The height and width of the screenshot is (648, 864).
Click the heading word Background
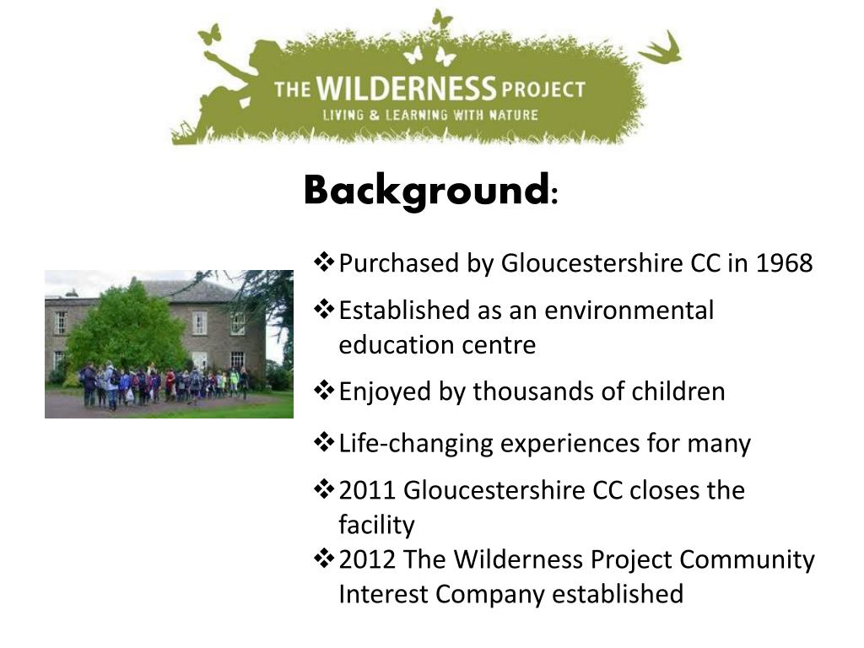point(426,191)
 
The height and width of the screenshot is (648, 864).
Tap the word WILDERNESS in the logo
point(407,89)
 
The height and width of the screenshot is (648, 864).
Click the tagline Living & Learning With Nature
point(429,115)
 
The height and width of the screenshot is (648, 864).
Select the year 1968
point(784,263)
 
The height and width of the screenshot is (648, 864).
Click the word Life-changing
point(415,444)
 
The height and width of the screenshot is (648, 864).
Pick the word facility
point(376,525)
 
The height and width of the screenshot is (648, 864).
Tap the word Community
point(747,560)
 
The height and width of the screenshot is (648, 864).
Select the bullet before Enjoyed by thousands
point(324,390)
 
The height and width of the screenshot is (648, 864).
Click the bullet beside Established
point(324,309)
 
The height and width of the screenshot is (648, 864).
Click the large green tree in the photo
point(126,330)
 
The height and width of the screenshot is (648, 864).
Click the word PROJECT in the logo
point(543,89)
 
